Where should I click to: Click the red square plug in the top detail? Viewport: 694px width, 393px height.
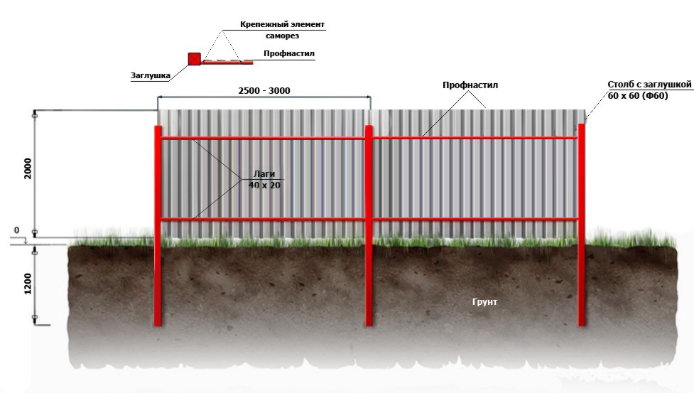click(x=193, y=59)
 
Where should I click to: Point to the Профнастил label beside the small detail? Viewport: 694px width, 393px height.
click(x=288, y=53)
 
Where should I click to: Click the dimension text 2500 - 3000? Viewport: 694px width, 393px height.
click(x=263, y=90)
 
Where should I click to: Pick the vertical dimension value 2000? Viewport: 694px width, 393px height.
click(x=28, y=168)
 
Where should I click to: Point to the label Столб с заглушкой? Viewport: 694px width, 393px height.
click(x=649, y=84)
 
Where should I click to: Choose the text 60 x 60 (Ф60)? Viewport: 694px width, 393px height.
click(x=638, y=95)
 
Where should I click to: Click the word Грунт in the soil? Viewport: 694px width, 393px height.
click(x=485, y=302)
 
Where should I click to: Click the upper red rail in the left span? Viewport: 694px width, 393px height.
click(x=263, y=138)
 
